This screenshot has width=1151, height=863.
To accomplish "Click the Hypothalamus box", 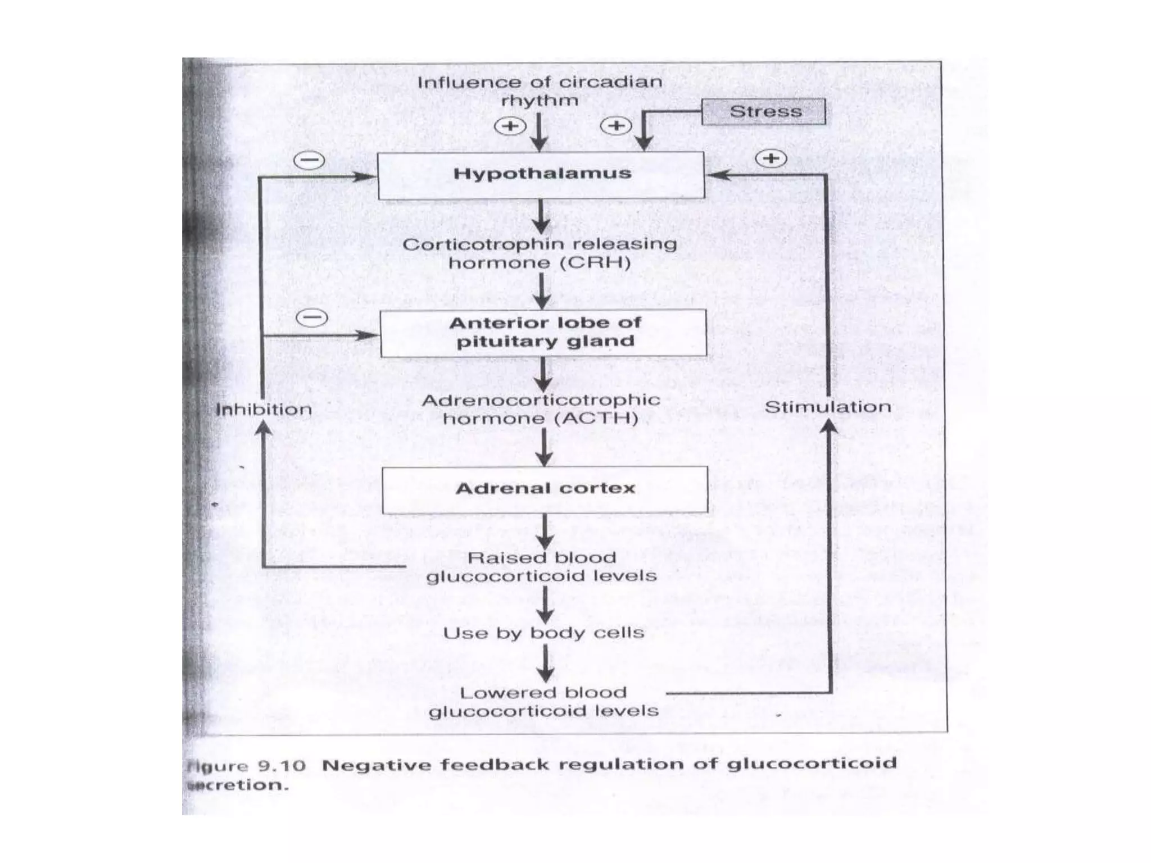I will point(541,175).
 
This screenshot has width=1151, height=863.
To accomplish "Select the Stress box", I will point(764,111).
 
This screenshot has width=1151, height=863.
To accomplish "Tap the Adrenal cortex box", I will point(545,489).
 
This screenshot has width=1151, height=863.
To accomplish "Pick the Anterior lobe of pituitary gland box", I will point(543,333).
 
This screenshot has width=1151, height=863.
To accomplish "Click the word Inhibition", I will point(264,410).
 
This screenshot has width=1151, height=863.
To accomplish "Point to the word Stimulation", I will point(827,407).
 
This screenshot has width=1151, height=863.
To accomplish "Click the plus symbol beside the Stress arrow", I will point(616,126).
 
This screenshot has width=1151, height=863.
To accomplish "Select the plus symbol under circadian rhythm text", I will point(510,126).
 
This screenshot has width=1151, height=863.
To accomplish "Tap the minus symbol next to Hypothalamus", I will point(310,161).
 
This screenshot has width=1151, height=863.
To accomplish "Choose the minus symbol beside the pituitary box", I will point(312,318).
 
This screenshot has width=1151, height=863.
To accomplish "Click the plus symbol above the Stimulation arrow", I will point(771,158).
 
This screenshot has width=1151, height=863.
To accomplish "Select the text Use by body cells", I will point(543,633).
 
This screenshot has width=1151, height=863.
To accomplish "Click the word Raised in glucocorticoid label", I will point(492,558).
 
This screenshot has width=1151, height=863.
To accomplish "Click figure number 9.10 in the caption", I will point(281,766).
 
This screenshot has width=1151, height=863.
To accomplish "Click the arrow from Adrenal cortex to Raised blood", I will point(545,531).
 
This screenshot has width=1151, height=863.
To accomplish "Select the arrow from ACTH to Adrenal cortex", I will point(543,447).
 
